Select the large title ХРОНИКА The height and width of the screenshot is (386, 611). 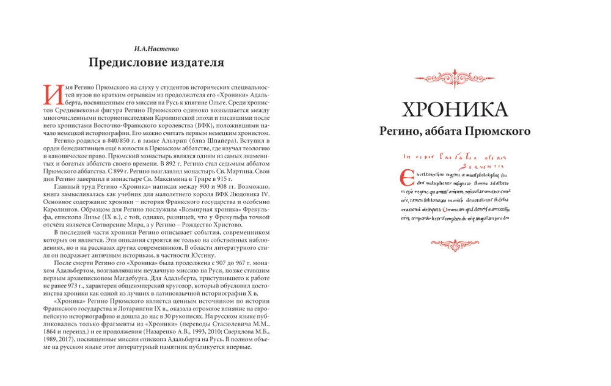tap(455, 109)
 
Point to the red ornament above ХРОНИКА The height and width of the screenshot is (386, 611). tap(455, 79)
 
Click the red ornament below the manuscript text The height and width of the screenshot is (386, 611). tap(455, 242)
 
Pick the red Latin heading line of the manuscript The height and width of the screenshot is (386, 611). tap(452, 156)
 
